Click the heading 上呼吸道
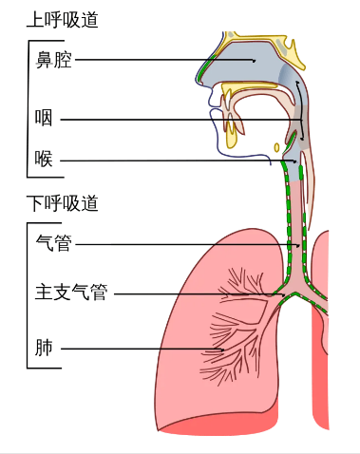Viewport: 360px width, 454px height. [64, 20]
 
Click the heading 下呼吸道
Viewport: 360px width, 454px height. [64, 202]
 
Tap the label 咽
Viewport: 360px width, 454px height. [44, 121]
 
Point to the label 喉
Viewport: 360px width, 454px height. [44, 161]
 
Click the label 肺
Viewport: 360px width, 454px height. [44, 349]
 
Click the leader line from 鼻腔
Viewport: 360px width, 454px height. [161, 61]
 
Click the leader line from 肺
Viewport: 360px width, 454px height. [142, 350]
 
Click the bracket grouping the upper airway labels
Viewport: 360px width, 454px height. [28, 109]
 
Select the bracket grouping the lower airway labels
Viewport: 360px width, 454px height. [28, 294]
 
